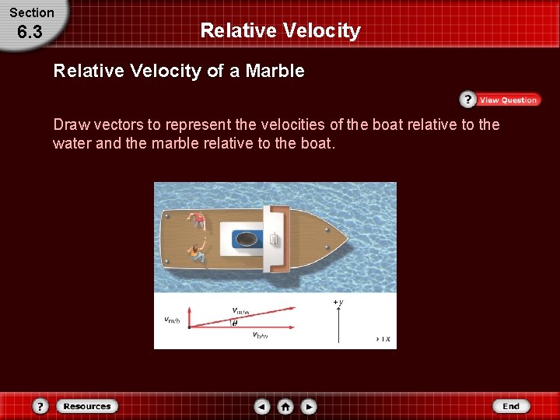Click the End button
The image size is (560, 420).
point(511,406)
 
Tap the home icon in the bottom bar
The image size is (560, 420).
point(285,406)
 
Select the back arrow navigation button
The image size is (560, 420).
point(262,406)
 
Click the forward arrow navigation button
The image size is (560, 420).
point(309,406)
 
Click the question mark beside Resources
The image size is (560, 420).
point(41,406)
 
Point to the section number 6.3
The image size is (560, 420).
point(30,33)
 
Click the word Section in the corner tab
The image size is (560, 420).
point(31,12)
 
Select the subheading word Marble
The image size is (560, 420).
point(275,72)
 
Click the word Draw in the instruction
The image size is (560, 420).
point(68,124)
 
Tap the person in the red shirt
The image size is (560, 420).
point(199,221)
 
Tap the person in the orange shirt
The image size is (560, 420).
point(194,252)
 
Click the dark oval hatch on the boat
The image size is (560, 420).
point(248,238)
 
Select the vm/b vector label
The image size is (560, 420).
point(172,319)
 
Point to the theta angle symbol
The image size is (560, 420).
point(235,324)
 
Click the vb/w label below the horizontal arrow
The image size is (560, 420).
point(261,335)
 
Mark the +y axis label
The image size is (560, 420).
point(338,302)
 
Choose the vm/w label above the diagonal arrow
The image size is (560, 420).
point(240,310)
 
